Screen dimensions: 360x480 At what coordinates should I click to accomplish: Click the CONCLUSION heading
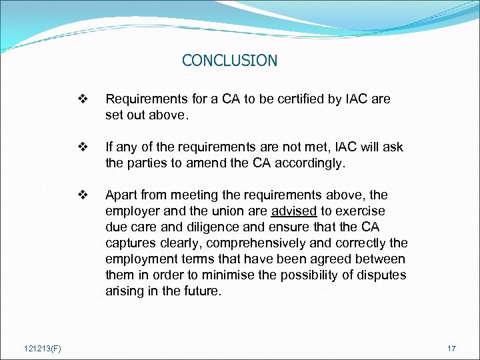pyautogui.click(x=229, y=61)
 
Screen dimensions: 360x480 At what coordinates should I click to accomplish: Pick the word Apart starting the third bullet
pyautogui.click(x=120, y=195)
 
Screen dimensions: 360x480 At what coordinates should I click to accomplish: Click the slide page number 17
pyautogui.click(x=451, y=347)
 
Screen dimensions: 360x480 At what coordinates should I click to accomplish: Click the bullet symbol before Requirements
pyautogui.click(x=83, y=99)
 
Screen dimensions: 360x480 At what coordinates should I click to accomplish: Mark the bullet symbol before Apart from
pyautogui.click(x=83, y=195)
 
